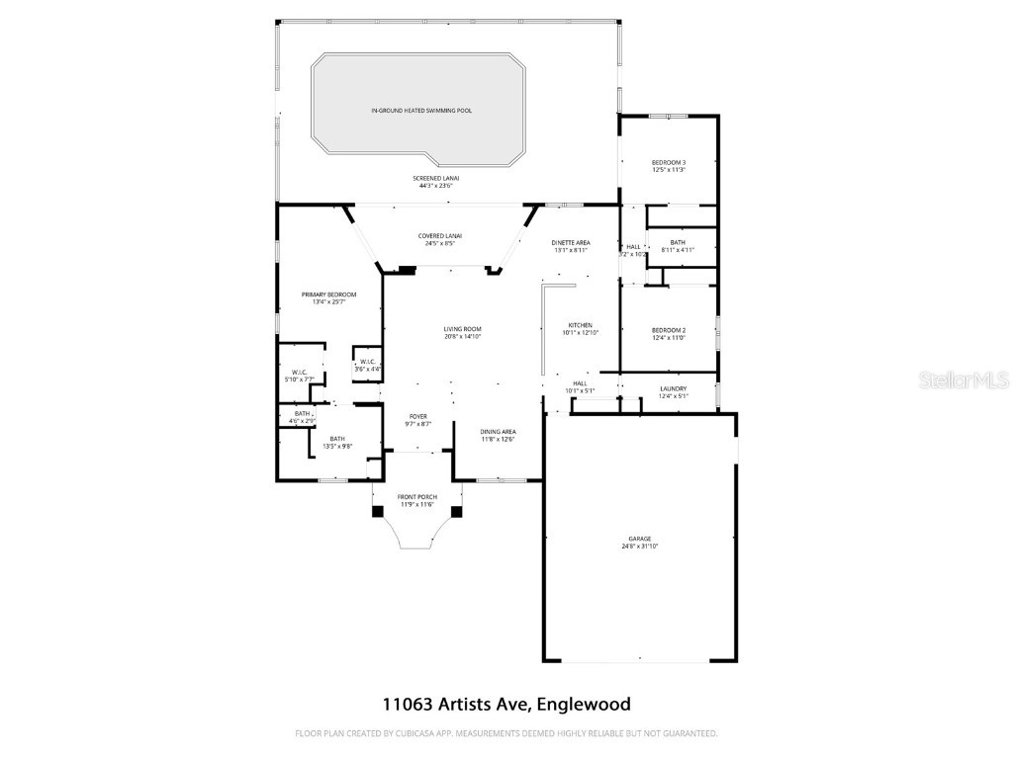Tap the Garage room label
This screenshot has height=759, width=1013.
[639, 539]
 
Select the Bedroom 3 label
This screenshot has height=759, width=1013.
[669, 162]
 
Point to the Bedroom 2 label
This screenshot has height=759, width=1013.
[669, 330]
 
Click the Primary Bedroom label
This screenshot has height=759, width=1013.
[328, 295]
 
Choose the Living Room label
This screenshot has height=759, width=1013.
[462, 329]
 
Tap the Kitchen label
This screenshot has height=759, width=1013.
[581, 325]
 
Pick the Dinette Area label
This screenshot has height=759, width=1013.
[572, 243]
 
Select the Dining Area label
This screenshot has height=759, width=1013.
[498, 432]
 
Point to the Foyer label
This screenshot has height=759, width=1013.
[418, 417]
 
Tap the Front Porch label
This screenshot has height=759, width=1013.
[417, 497]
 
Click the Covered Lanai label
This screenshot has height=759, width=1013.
[440, 236]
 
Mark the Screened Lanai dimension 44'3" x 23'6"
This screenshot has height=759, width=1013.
[435, 186]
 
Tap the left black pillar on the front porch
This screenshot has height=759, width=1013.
[378, 511]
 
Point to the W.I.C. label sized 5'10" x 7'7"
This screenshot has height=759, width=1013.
[300, 373]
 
